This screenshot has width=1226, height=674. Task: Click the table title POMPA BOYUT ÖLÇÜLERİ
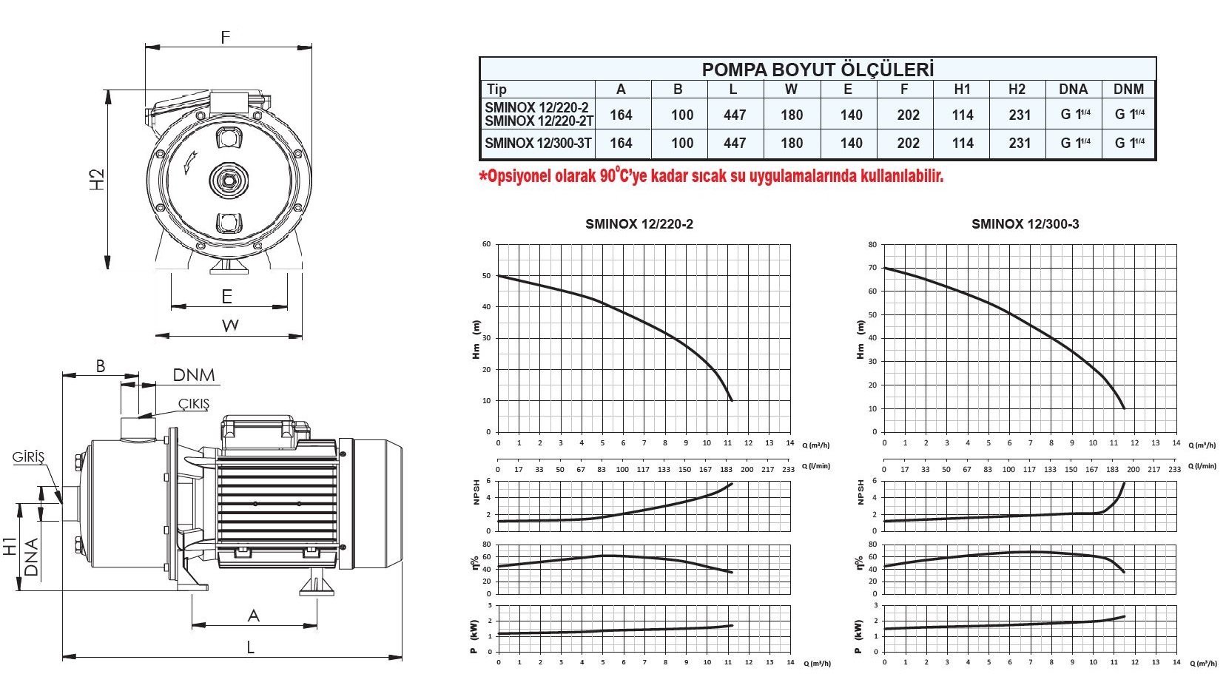pyautogui.click(x=818, y=70)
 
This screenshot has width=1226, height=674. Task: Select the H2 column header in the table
pyautogui.click(x=1017, y=90)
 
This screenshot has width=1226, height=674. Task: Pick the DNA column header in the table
pyautogui.click(x=1074, y=90)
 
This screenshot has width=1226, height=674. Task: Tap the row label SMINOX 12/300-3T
pyautogui.click(x=538, y=144)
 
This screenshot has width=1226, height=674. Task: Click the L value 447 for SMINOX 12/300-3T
pyautogui.click(x=735, y=144)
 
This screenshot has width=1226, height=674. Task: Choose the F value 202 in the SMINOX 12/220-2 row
pyautogui.click(x=908, y=115)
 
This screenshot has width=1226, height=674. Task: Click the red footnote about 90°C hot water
pyautogui.click(x=711, y=176)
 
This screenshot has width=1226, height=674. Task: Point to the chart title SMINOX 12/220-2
pyautogui.click(x=639, y=223)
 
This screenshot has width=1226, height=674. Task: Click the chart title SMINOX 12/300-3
pyautogui.click(x=1025, y=223)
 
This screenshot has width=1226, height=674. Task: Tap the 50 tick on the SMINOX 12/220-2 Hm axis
pyautogui.click(x=487, y=275)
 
